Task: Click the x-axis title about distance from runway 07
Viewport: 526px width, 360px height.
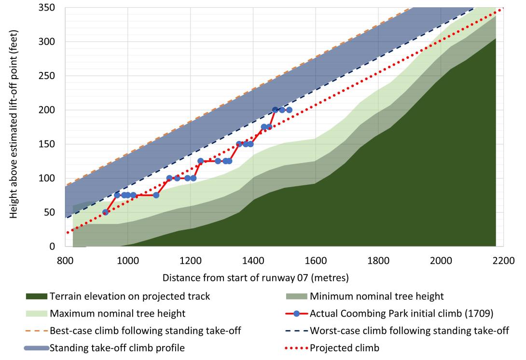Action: [255, 278]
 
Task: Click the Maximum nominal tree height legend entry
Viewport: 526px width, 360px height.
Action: [117, 314]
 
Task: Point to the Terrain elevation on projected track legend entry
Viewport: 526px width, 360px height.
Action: [130, 296]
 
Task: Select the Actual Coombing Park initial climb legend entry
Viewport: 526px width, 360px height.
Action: [401, 314]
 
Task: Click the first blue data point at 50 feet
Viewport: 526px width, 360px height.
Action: [106, 212]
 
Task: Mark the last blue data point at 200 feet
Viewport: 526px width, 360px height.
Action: [289, 110]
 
